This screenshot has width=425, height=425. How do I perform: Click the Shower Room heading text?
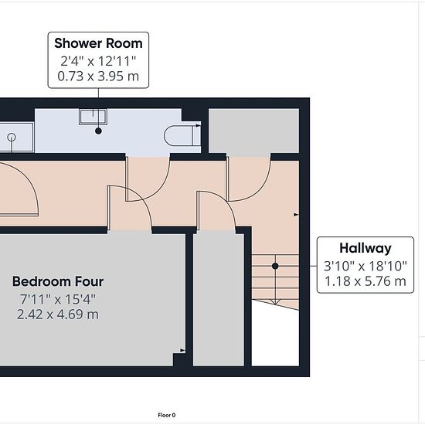click(x=98, y=43)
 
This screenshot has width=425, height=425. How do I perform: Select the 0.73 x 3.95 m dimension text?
click(x=98, y=76)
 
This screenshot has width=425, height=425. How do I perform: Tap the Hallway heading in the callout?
click(x=365, y=249)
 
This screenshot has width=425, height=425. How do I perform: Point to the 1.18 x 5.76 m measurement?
click(x=365, y=281)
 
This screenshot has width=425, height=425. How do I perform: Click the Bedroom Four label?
click(x=58, y=281)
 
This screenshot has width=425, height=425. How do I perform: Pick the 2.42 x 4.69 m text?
click(x=58, y=314)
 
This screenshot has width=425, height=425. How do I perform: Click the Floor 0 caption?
click(x=167, y=415)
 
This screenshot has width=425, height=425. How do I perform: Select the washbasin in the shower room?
click(x=93, y=117)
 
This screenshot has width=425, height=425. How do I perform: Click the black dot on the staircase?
click(x=275, y=266)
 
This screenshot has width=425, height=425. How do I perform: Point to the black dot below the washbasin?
click(x=98, y=131)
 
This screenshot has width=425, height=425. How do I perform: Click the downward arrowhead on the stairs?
click(x=276, y=301)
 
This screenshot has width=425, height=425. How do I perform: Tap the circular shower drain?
click(x=12, y=138)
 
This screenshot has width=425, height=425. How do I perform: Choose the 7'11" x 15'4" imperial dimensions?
click(x=58, y=300)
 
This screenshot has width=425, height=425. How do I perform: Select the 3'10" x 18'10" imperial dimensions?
click(x=365, y=266)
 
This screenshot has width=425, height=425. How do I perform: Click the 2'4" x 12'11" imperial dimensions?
click(x=98, y=61)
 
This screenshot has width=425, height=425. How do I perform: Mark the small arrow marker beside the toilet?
click(x=199, y=125)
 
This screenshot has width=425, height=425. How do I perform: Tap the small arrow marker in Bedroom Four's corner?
click(x=182, y=350)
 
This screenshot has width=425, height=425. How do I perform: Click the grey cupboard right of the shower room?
click(x=253, y=131)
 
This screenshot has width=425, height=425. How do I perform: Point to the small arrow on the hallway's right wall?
click(x=296, y=215)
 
